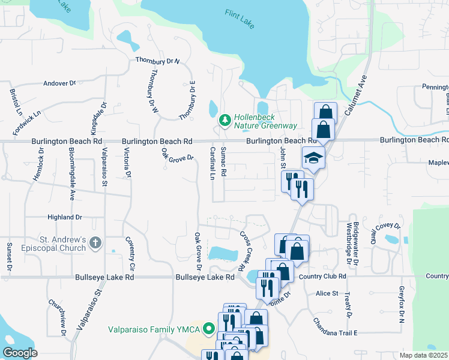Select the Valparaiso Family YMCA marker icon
coord(208,329)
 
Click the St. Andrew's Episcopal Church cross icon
coord(94,242)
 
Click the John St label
coord(282,158)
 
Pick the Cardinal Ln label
coord(212,163)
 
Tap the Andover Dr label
coord(59,83)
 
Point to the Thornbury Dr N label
coord(158,61)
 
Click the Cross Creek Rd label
coord(243,251)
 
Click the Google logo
coord(20,353)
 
